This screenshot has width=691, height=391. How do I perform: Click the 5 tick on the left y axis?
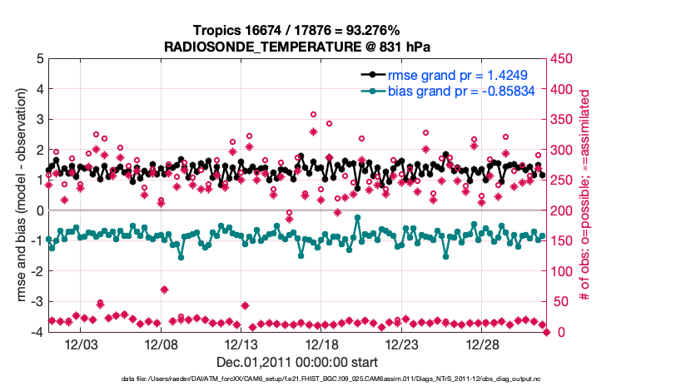39,59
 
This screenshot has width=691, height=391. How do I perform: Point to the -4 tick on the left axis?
37,332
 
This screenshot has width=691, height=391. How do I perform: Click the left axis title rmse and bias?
18,195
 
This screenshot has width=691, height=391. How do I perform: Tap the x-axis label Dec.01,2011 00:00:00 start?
297,362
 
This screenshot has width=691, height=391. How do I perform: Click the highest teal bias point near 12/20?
357,217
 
